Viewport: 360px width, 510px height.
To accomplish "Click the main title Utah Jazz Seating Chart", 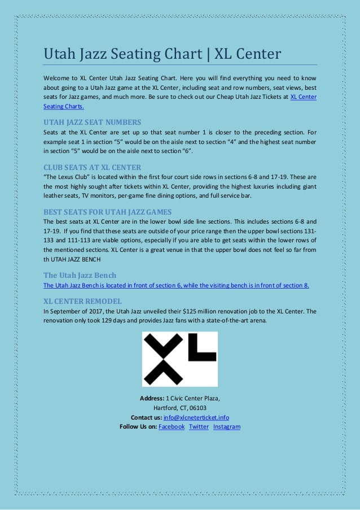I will pyautogui.click(x=162, y=55).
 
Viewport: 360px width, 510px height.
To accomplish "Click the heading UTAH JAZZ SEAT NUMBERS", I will pyautogui.click(x=92, y=121).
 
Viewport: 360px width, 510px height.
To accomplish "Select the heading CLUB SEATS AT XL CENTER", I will pyautogui.click(x=92, y=167).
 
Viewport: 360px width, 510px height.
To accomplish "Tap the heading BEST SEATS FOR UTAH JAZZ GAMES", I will pyautogui.click(x=107, y=212).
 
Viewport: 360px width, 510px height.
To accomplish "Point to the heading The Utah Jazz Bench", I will pyautogui.click(x=80, y=275).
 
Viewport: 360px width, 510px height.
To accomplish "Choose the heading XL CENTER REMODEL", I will pyautogui.click(x=82, y=300).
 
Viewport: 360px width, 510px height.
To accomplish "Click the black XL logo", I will pyautogui.click(x=179, y=359).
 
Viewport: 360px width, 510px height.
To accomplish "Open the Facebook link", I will pyautogui.click(x=172, y=426).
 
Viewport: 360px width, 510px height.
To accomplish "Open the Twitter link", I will pyautogui.click(x=199, y=426).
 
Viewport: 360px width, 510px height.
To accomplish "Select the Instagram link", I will pyautogui.click(x=227, y=426).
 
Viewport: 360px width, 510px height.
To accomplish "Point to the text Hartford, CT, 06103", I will pyautogui.click(x=180, y=408).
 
